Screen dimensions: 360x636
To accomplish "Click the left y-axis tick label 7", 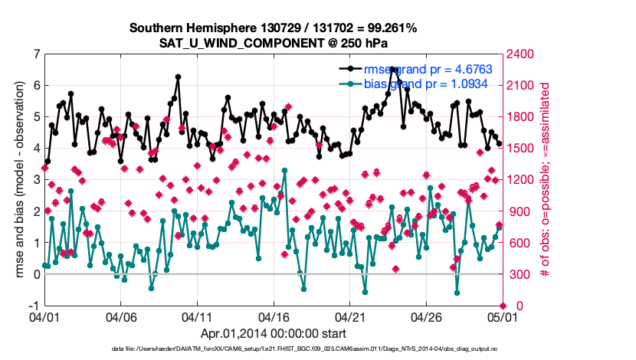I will (x=37, y=54).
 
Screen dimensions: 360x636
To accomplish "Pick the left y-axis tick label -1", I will (x=34, y=306).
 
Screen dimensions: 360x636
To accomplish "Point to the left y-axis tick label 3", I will (x=37, y=179).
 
